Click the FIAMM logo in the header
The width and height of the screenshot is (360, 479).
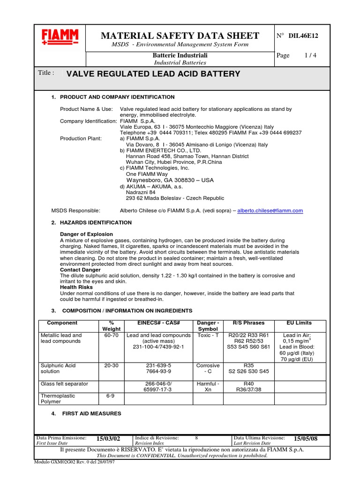coord(60,37)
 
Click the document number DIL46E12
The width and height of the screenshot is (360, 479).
coord(304,35)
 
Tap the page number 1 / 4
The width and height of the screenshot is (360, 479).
coord(310,55)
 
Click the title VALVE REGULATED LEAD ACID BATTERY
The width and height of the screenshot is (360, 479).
coord(154,74)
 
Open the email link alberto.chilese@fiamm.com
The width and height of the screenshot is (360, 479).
coord(270,211)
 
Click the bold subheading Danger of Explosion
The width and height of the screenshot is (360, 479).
coord(86,234)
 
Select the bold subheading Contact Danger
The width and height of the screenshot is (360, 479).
coord(80,270)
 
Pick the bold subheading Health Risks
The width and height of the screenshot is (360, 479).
coord(76,287)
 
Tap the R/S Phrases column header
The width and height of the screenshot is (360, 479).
coord(248,323)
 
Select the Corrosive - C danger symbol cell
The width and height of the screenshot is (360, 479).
coord(208,368)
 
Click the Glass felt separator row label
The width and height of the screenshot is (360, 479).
coord(64,384)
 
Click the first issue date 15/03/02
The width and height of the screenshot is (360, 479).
coord(108,438)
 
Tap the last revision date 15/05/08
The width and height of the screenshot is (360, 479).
coord(306,438)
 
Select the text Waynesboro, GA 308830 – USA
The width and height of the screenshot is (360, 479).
coord(170,180)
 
